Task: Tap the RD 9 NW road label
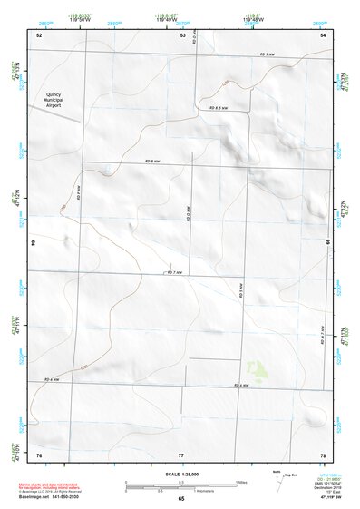pyautogui.click(x=267, y=56)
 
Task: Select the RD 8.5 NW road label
pyautogui.click(x=219, y=108)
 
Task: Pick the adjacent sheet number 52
pyautogui.click(x=39, y=34)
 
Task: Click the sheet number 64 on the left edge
pyautogui.click(x=34, y=243)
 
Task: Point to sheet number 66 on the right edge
pyautogui.click(x=327, y=243)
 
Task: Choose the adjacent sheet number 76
pyautogui.click(x=39, y=454)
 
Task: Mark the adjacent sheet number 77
pyautogui.click(x=181, y=454)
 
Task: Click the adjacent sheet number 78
pyautogui.click(x=322, y=454)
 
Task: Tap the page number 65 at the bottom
pyautogui.click(x=181, y=498)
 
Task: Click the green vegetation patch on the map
pyautogui.click(x=258, y=370)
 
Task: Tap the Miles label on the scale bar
pyautogui.click(x=240, y=481)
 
